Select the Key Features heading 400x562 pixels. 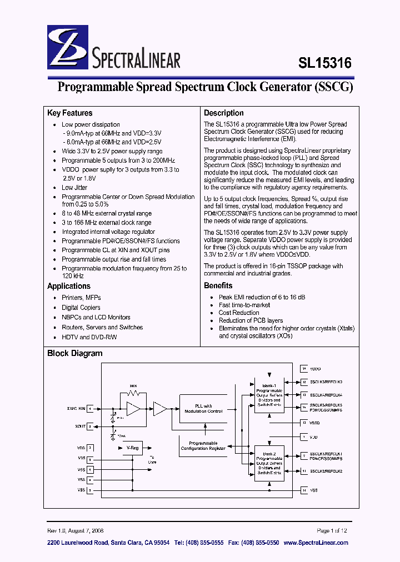(70, 113)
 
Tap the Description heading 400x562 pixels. (224, 113)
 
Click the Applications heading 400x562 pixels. (69, 286)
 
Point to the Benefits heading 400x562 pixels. (218, 285)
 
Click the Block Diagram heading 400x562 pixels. (75, 353)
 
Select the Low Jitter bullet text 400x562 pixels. (75, 188)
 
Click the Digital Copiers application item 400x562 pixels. (81, 307)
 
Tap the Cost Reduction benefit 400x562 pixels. (239, 313)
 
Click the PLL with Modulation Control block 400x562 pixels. (203, 409)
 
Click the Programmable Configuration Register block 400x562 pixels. (203, 445)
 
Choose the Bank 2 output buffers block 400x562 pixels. (269, 463)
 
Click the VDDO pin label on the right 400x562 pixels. (316, 369)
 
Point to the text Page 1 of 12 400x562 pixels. (332, 530)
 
